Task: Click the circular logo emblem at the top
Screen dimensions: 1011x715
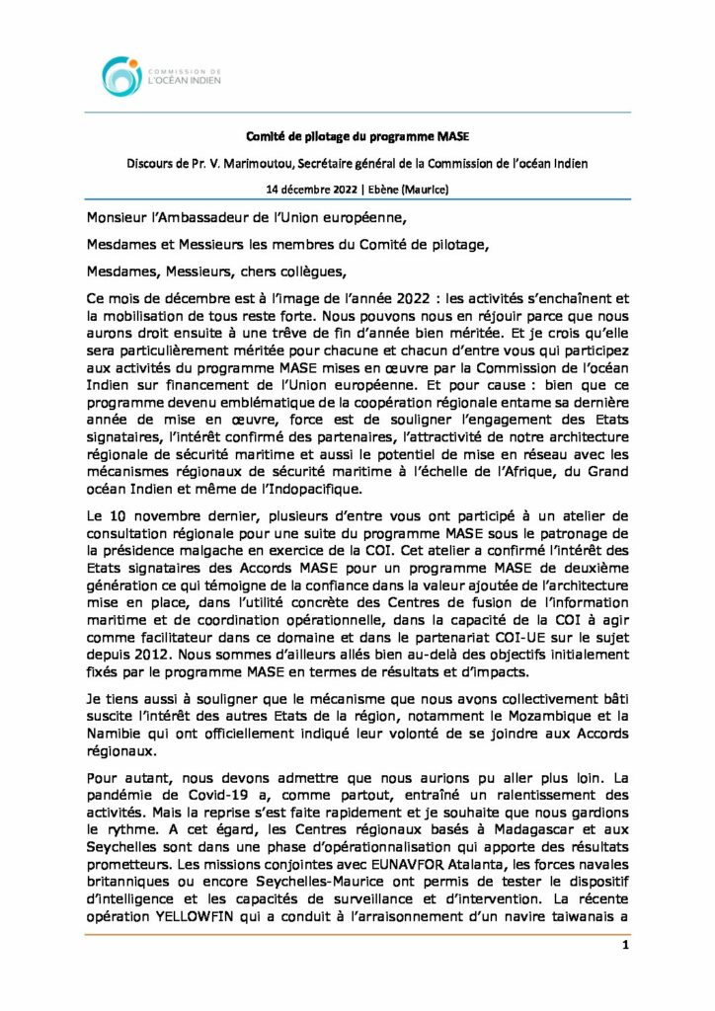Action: coord(121,76)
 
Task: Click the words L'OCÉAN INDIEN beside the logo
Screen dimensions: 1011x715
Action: coord(183,83)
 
